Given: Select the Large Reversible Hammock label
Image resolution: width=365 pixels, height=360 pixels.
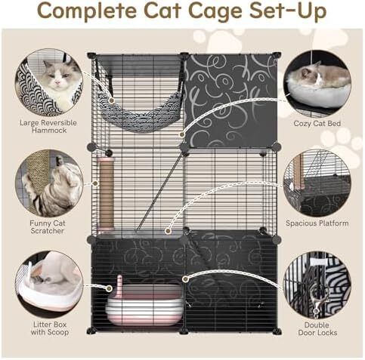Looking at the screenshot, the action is click(x=48, y=127).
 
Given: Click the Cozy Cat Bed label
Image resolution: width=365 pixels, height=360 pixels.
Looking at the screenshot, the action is click(x=317, y=124).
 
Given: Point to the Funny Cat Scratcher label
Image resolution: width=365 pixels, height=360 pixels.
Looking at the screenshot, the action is click(x=48, y=227).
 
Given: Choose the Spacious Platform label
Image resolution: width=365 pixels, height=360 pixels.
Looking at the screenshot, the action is click(x=317, y=223).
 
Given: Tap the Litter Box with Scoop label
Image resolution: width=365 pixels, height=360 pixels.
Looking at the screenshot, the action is click(x=50, y=328).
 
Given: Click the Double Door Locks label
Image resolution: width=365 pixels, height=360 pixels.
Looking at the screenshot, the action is click(x=317, y=328).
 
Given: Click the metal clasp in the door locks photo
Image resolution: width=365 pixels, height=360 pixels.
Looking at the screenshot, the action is click(x=318, y=300).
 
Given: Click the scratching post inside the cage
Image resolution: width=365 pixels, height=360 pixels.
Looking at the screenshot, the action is click(x=107, y=194).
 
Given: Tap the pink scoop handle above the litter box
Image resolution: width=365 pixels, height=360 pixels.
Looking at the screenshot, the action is click(x=119, y=283).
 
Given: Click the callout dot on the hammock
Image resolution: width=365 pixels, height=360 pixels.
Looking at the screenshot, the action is click(x=112, y=100).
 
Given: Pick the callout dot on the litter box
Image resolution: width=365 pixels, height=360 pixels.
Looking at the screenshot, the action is click(x=109, y=288).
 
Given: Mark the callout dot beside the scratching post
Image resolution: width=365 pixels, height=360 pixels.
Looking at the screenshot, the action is click(x=95, y=183).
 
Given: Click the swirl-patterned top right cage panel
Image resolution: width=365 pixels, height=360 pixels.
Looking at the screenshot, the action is click(x=230, y=100).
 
